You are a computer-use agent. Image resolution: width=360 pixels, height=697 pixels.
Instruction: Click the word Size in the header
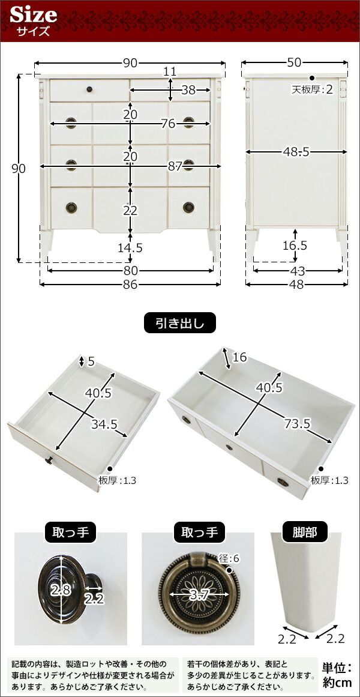coord(34,15)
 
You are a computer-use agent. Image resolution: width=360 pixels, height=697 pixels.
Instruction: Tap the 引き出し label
coord(179,323)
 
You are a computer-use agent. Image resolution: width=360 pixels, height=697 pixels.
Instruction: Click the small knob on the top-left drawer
coord(89,90)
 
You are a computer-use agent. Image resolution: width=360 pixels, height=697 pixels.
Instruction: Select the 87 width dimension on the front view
coord(176,167)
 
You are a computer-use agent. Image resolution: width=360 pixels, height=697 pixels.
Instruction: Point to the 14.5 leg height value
coord(130,247)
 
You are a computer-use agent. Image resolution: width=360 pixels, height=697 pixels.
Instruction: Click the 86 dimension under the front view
coord(130,284)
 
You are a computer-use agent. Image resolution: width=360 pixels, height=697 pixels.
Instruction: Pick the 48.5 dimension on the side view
coord(296,152)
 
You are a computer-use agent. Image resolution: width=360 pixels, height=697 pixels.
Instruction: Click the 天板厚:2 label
coord(312,89)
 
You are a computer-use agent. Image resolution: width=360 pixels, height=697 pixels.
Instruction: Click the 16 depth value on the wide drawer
coord(239,357)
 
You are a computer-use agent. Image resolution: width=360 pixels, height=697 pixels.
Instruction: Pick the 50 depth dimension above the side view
coord(294,62)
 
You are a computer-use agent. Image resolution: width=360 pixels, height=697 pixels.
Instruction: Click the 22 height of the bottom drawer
coord(130,210)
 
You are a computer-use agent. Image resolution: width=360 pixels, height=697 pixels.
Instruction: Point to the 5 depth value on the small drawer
coord(91,362)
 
